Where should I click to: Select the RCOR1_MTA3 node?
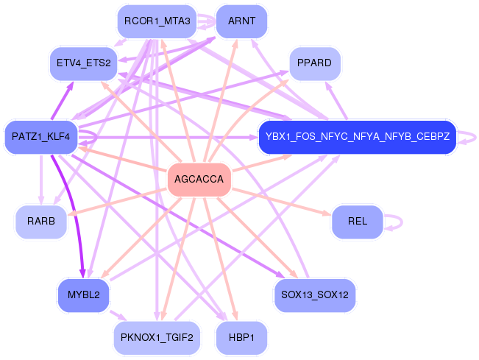tap(157, 21)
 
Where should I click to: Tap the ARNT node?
tap(241, 21)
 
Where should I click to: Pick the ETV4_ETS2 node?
tap(82, 63)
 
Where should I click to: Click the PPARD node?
tap(314, 63)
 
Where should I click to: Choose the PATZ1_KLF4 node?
tap(40, 137)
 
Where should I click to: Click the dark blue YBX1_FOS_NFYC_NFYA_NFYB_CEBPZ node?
tap(357, 137)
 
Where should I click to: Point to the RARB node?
tap(41, 222)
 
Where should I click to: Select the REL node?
tap(357, 222)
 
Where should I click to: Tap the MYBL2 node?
tap(83, 295)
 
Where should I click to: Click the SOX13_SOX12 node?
tap(314, 295)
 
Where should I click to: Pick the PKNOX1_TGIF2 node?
tap(157, 338)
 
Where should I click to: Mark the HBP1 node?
tap(241, 338)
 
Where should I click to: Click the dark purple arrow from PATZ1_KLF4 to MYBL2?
tap(68, 213)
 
